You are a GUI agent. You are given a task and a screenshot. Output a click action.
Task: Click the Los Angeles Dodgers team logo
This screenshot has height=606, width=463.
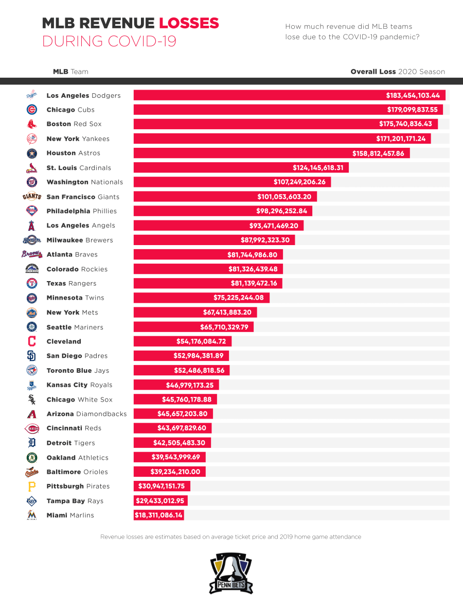(32, 95)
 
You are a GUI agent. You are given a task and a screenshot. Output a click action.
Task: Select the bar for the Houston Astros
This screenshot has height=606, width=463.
(272, 153)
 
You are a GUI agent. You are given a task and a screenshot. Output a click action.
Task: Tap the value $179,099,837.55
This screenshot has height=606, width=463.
(412, 110)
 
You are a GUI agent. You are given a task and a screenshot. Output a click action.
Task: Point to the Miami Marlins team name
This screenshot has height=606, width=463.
(70, 515)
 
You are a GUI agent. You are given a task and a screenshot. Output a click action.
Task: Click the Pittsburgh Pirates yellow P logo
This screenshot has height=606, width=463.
(32, 487)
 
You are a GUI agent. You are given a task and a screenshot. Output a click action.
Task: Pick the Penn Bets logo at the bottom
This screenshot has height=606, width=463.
(231, 573)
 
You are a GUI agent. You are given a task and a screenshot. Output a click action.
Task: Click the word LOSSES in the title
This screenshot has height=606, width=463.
(189, 23)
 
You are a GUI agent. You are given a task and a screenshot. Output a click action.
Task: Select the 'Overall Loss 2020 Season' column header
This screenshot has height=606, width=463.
(398, 72)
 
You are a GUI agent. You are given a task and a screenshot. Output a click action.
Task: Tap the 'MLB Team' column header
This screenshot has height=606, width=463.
(70, 72)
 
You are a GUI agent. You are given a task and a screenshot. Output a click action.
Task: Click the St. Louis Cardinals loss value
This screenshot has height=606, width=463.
(318, 168)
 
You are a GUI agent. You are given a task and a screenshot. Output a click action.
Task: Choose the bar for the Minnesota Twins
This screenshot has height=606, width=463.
(201, 298)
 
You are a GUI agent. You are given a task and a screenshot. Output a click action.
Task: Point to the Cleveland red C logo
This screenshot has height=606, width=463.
(32, 341)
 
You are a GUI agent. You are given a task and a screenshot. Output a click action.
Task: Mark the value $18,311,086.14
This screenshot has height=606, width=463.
(158, 515)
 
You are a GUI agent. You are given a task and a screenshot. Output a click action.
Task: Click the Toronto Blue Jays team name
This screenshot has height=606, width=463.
(78, 371)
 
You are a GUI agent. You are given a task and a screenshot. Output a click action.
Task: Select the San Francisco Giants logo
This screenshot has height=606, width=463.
(32, 197)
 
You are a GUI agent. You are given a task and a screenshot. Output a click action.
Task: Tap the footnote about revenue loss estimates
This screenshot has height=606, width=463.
(230, 537)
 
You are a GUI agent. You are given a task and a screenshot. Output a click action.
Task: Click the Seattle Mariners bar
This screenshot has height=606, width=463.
(193, 327)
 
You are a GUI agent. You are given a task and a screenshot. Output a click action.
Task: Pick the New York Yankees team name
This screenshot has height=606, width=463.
(78, 139)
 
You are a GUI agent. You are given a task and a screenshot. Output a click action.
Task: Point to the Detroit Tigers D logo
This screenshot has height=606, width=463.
(32, 443)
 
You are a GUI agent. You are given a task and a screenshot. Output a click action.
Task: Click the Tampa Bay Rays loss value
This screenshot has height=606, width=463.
(161, 501)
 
